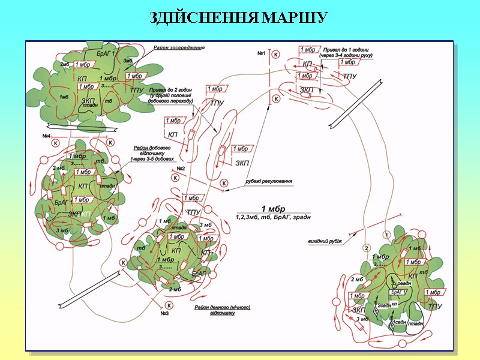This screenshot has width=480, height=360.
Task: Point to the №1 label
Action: tap(262, 54)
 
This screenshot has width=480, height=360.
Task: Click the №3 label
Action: tap(164, 313)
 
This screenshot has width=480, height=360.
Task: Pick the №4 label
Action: tap(46, 136)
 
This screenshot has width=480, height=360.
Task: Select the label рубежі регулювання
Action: tap(268, 181)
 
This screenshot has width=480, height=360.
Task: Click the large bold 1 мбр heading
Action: tap(272, 208)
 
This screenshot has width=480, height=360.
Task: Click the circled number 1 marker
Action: tap(388, 234)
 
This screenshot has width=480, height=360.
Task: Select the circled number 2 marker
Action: tap(365, 248)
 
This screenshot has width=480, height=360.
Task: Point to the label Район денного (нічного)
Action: tap(222, 307)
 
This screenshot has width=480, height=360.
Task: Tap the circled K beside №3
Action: tap(169, 305)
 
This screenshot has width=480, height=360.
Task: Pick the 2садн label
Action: tap(385, 305)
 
